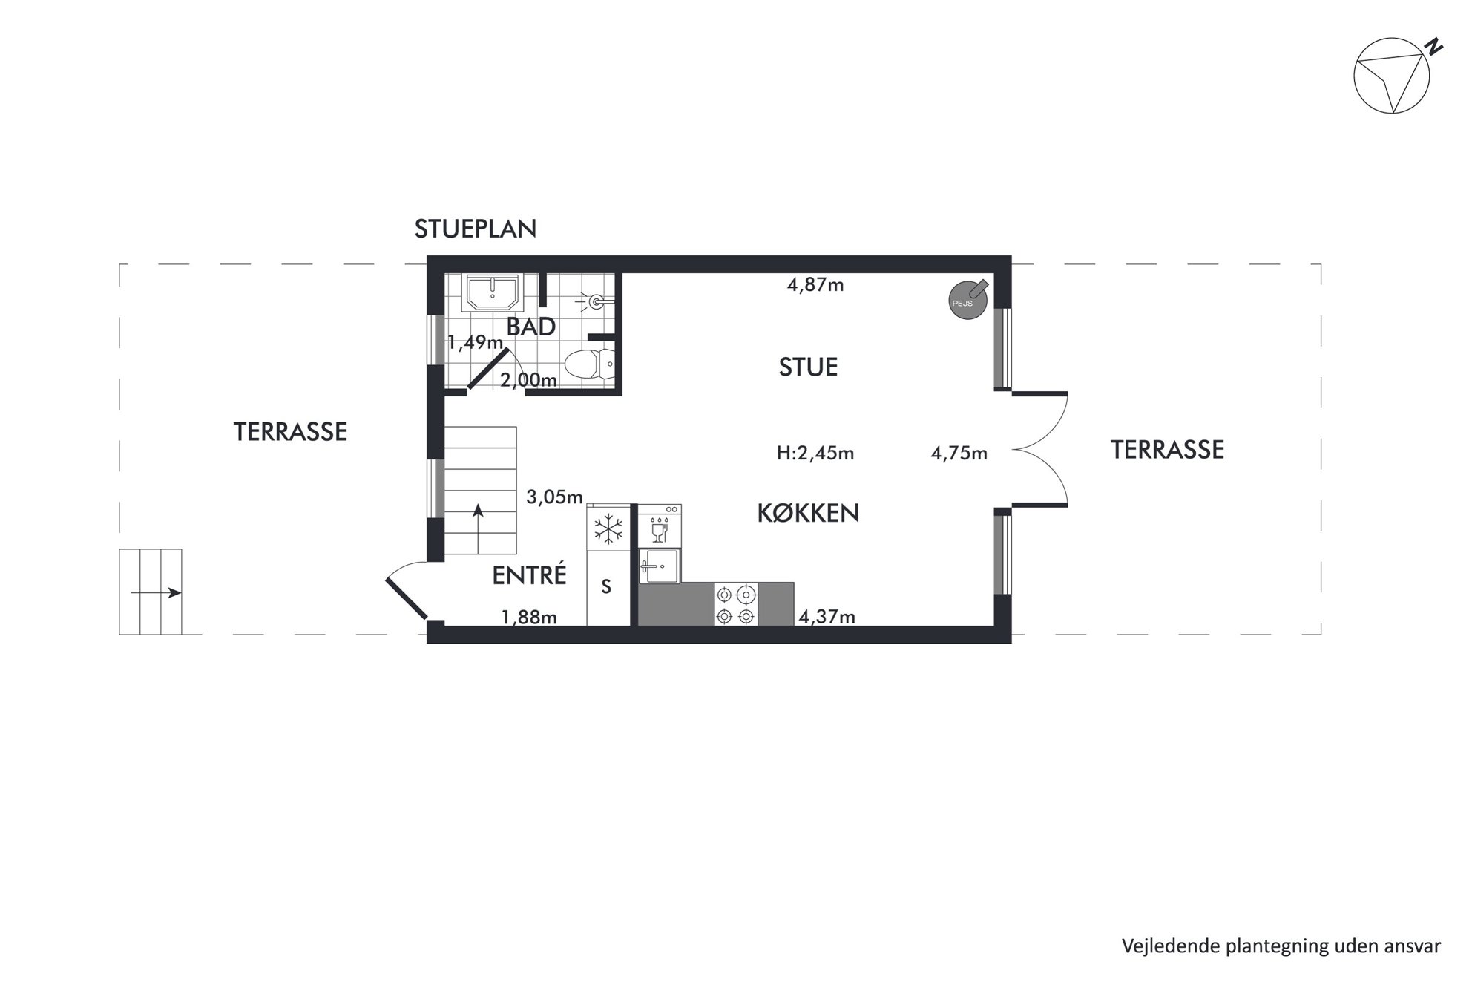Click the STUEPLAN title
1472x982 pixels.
tap(476, 229)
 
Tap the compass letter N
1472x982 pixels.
tap(1434, 47)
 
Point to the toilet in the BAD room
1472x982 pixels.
tap(589, 364)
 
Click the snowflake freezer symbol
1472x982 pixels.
tap(608, 530)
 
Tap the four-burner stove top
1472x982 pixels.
tap(736, 604)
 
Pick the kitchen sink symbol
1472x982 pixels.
tap(660, 566)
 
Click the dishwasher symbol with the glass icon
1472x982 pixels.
tap(660, 525)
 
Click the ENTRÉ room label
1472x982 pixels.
tap(530, 575)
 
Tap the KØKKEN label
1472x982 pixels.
tap(808, 513)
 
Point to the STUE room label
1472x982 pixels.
tap(808, 367)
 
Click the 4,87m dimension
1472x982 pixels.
tap(815, 285)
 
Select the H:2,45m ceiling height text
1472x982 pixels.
tap(815, 453)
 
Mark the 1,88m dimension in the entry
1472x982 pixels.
tap(529, 617)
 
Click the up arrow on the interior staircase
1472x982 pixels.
tap(479, 529)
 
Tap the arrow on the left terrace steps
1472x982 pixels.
tap(156, 592)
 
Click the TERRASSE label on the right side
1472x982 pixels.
tap(1167, 450)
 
